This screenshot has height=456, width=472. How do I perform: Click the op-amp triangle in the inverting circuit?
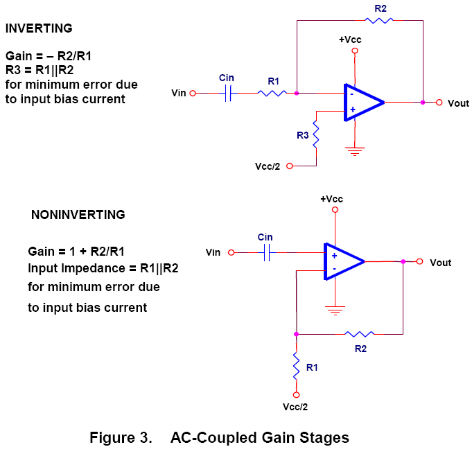pos(361,103)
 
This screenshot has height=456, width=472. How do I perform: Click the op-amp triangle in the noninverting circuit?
pos(341,262)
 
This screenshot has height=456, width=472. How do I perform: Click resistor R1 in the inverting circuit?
pos(272,92)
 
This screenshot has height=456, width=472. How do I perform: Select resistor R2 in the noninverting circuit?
pos(361,334)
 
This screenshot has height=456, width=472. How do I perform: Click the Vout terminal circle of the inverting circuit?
pos(439,103)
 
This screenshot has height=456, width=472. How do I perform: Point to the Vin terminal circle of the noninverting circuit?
pos(232,253)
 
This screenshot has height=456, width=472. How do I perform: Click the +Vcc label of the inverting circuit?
pos(350,40)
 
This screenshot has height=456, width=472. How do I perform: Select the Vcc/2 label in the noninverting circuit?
pos(296,405)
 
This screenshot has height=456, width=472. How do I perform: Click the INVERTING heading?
pos(39,28)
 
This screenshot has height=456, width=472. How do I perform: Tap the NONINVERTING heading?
pos(78,215)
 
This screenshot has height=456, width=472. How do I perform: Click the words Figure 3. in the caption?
pos(121,438)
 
